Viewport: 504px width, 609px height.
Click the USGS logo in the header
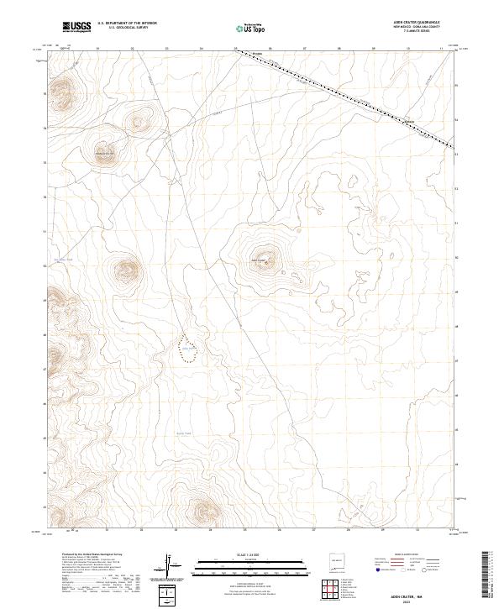point(76,27)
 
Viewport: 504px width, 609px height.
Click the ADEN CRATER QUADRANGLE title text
point(428,23)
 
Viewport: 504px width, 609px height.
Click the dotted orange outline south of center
point(190,349)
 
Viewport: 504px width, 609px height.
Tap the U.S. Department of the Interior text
point(127,24)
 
